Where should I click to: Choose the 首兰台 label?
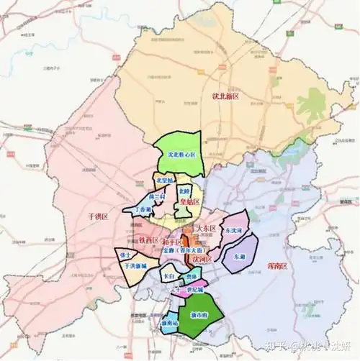(157, 196)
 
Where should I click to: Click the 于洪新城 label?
(135, 266)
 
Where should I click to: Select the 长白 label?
(168, 275)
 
